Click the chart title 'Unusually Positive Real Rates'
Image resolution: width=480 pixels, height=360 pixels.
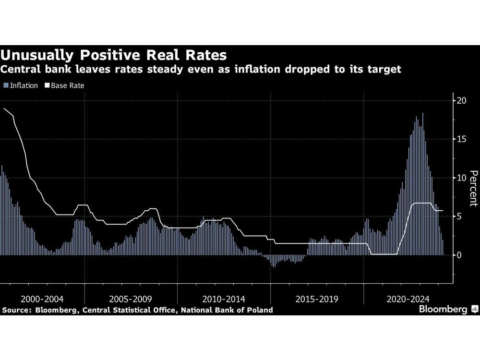coord(113,53)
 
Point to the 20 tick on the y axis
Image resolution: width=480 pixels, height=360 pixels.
coord(461,100)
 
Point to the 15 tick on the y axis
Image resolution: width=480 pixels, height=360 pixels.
coord(461,139)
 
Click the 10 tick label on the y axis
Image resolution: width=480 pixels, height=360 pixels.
coord(461,178)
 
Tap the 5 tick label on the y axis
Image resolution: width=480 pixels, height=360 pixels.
coord(459,216)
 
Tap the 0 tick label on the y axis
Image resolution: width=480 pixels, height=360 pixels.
coord(459,255)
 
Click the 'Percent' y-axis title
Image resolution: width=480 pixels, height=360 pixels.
coord(473,189)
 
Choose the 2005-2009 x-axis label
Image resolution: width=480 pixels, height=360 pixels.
coord(131,299)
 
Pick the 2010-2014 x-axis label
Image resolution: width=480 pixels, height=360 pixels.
coord(224,299)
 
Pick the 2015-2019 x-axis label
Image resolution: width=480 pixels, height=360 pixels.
coord(317,299)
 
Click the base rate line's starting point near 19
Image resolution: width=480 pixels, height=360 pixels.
coord(4,109)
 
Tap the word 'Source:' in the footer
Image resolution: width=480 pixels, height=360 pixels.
coord(16,310)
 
